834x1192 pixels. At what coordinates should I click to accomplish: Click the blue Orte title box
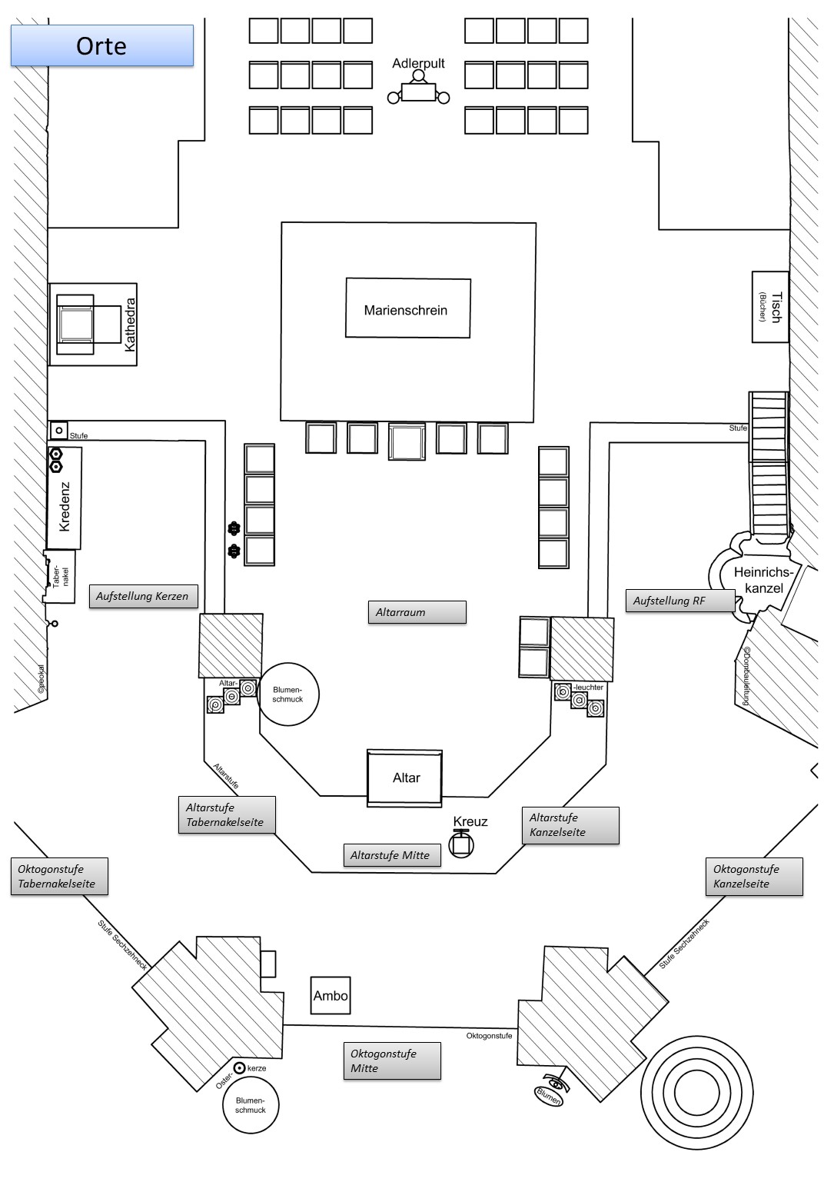pos(101,45)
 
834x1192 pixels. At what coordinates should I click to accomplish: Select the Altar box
pos(405,778)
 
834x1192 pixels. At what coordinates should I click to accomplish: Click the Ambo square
pos(331,996)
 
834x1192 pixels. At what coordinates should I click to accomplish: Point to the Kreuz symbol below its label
pos(461,844)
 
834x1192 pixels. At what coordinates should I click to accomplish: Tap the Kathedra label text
pos(130,325)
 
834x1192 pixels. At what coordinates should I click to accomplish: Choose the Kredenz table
pos(65,504)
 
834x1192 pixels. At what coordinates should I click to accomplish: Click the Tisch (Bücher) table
pos(770,307)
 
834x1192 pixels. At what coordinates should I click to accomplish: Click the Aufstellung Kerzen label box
pos(143,596)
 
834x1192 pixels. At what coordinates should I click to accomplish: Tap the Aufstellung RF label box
pos(680,601)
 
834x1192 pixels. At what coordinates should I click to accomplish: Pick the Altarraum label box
pos(417,612)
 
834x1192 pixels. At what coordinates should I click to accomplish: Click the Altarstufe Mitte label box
pos(392,855)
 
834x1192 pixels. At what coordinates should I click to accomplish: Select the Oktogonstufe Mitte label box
pos(392,1060)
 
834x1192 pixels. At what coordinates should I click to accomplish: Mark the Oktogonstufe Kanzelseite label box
pos(753,877)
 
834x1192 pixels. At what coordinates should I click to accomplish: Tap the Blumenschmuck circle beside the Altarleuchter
pos(288,694)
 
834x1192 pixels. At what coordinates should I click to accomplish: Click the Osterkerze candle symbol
pos(240,1068)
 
